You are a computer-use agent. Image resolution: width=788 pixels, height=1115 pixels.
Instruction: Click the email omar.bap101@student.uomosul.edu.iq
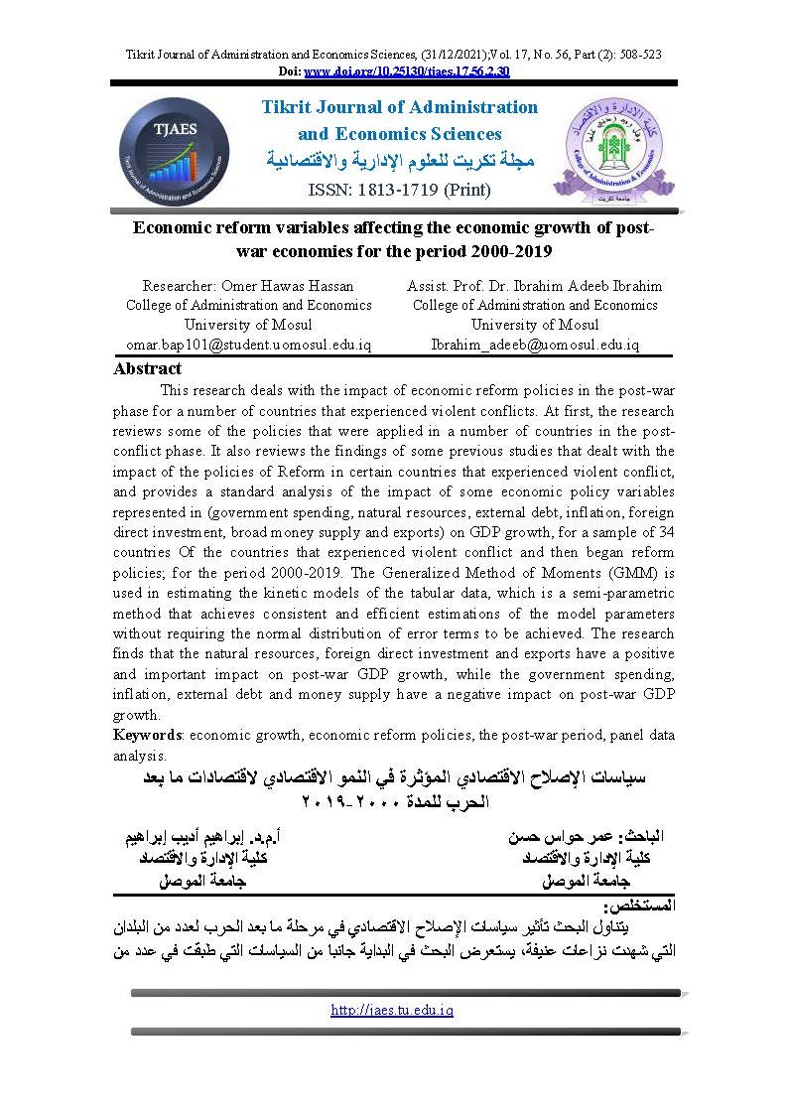click(248, 345)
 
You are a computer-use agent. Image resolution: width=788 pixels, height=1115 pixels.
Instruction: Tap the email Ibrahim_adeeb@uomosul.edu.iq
click(535, 345)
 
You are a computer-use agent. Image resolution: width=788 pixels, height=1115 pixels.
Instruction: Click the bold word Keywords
click(147, 736)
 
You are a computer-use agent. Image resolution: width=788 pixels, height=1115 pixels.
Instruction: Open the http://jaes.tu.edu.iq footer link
click(392, 1010)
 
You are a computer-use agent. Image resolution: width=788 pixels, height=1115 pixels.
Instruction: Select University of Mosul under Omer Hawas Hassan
click(248, 325)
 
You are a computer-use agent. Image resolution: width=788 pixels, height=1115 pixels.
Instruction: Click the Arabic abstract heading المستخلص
click(639, 906)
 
